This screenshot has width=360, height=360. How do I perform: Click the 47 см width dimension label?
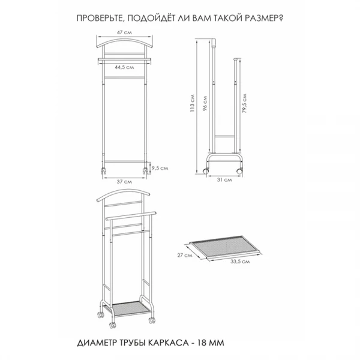pyautogui.click(x=124, y=32)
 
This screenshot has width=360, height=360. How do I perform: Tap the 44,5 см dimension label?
pyautogui.click(x=124, y=67)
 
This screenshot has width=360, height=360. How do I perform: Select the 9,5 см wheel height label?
pyautogui.click(x=160, y=168)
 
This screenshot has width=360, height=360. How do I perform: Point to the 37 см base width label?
pyautogui.click(x=124, y=182)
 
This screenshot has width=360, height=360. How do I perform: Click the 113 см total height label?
pyautogui.click(x=192, y=103)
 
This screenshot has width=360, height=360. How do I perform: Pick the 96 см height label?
pyautogui.click(x=205, y=104)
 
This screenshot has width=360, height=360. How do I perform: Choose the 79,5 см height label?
pyautogui.click(x=244, y=103)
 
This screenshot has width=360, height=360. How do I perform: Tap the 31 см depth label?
pyautogui.click(x=224, y=180)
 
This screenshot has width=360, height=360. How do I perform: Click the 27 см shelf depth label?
pyautogui.click(x=185, y=255)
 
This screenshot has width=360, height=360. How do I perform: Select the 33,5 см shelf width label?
pyautogui.click(x=240, y=262)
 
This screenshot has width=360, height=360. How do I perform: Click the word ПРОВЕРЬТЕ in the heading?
pyautogui.click(x=100, y=19)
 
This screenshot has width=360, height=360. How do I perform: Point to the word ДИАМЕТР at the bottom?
pyautogui.click(x=97, y=343)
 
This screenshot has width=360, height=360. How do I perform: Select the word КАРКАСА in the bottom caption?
pyautogui.click(x=167, y=343)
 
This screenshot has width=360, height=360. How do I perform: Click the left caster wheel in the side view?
pyautogui.click(x=205, y=171)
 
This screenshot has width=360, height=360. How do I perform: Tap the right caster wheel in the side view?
pyautogui.click(x=239, y=171)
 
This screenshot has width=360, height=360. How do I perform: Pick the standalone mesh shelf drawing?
pyautogui.click(x=225, y=248)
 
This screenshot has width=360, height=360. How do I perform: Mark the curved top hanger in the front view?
pyautogui.click(x=124, y=43)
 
